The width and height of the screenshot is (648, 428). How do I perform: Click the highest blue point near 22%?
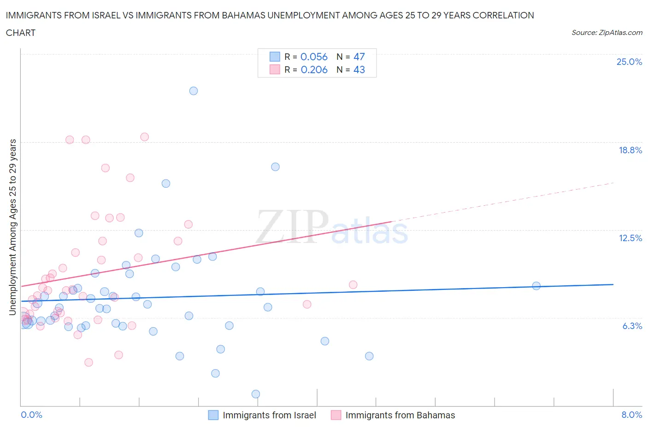[x=194, y=91]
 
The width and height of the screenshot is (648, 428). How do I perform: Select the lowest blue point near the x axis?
[x=256, y=394]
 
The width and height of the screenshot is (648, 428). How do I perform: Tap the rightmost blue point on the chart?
[x=536, y=286]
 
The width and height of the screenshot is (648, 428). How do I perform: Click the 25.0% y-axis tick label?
[x=629, y=62]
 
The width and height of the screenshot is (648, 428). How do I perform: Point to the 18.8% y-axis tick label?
[x=630, y=150]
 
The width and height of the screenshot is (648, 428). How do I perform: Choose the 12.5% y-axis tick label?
[x=630, y=238]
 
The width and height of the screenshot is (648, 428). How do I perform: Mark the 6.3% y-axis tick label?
[x=632, y=326]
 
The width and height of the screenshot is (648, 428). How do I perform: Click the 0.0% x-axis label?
[x=32, y=415]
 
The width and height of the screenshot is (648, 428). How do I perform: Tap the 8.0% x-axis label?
[x=631, y=415]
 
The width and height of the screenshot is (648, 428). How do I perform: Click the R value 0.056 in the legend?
[x=314, y=57]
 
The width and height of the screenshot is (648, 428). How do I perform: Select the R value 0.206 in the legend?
[x=314, y=69]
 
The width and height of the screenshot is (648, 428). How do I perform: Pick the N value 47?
[x=359, y=57]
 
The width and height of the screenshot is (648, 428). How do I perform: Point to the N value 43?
[x=359, y=69]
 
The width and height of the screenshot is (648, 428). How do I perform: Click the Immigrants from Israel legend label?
[x=269, y=415]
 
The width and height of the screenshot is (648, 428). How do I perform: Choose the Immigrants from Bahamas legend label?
[x=400, y=415]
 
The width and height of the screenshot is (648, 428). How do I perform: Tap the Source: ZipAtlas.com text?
[x=607, y=33]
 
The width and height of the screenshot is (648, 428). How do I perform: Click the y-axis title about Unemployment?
[x=13, y=227]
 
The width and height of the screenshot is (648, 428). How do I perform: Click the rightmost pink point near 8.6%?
[x=353, y=284]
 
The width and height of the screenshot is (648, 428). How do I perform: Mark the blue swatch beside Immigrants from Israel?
[x=213, y=415]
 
